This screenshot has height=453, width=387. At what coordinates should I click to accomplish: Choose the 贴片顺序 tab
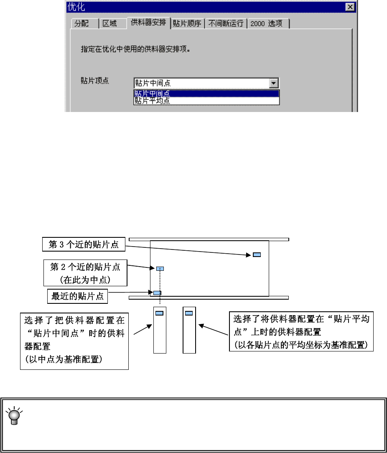[187, 23]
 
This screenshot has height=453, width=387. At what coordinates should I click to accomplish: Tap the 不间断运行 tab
[226, 23]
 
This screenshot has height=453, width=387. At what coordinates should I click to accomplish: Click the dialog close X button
[349, 8]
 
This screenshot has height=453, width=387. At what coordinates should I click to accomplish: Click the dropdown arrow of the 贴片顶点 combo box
[274, 83]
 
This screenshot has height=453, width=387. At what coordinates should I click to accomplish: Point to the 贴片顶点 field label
[95, 81]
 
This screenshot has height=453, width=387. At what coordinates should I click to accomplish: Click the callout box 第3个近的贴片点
[84, 244]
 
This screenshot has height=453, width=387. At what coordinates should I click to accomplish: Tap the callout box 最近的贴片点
[77, 297]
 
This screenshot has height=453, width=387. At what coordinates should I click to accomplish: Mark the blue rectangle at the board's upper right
[257, 255]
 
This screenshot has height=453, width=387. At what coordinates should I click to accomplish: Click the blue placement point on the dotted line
[160, 269]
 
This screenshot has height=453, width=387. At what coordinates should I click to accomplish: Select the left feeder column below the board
[160, 330]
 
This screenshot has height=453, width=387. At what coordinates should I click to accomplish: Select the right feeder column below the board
[189, 330]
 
